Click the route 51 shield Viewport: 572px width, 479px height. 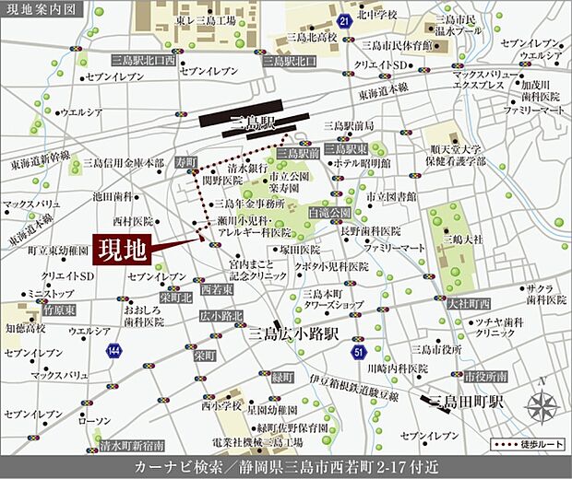coord(359,352)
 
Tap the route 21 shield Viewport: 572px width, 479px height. coord(343,19)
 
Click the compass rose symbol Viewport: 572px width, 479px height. coord(541,403)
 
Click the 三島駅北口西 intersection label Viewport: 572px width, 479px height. coord(143,60)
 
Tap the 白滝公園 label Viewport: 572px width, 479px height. coord(330,212)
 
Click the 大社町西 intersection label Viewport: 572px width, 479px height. coord(467,302)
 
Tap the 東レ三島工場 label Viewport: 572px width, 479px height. coord(205,20)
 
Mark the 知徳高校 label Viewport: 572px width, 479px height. coord(27,327)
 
